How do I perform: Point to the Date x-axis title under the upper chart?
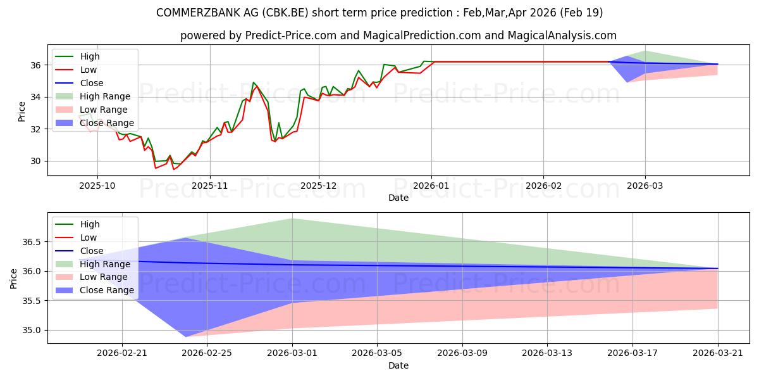click(398, 198)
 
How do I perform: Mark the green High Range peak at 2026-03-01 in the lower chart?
click(292, 218)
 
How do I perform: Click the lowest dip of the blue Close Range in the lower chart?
click(186, 336)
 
